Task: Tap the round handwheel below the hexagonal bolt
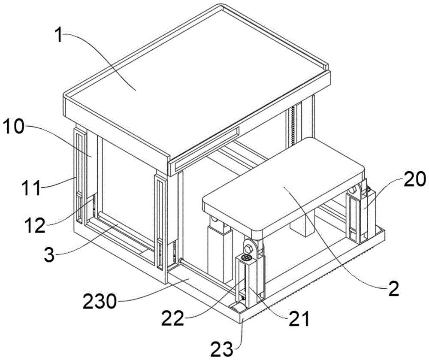click(x=246, y=258)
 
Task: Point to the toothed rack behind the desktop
click(x=293, y=124)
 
